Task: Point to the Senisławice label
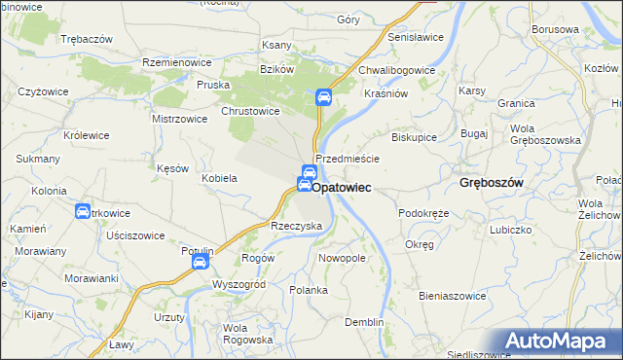point(416,37)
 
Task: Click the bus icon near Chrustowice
point(324,97)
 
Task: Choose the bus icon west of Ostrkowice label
point(84,212)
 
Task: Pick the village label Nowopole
point(342,259)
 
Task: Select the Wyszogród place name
point(238,284)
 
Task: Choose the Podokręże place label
point(423,212)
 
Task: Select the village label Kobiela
point(219,179)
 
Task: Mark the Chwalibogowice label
point(396,70)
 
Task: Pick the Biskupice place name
point(414,137)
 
